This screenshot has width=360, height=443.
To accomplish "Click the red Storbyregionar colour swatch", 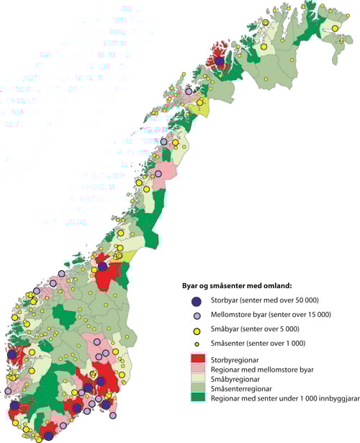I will pos(195,357).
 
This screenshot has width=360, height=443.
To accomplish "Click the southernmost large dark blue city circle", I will pos(48,436).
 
